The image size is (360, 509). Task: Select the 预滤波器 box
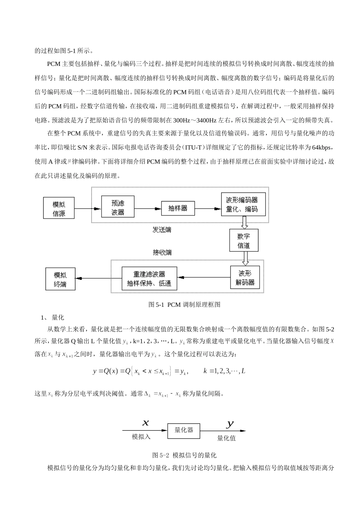(x=118, y=207)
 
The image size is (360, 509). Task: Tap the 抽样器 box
(x=178, y=208)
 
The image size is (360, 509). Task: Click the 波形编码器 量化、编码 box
(x=242, y=205)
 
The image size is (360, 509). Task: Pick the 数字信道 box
(x=244, y=240)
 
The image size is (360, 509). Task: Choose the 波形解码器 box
(x=245, y=278)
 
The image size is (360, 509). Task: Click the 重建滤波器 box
(x=149, y=279)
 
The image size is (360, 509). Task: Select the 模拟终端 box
(x=60, y=279)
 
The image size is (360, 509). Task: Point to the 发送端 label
(x=162, y=230)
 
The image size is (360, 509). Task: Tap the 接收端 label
(x=162, y=253)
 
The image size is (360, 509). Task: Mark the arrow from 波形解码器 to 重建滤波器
(x=203, y=278)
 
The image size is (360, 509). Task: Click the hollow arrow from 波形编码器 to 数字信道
(x=244, y=222)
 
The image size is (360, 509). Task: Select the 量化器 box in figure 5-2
(x=184, y=430)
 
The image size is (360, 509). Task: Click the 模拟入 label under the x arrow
(x=141, y=437)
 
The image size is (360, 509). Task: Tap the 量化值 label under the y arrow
(x=226, y=438)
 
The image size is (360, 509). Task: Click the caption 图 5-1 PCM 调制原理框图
(x=184, y=304)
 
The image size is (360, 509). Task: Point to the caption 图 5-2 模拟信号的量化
(x=184, y=455)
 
